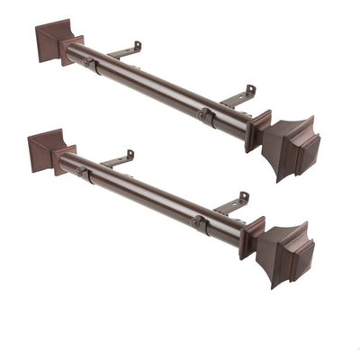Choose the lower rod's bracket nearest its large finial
tap(230, 204)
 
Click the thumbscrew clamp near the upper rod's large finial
tap(205, 115)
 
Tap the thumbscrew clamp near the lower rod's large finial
tap(198, 222)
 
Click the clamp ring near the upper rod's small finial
tap(90, 63)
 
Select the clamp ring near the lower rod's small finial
tap(83, 171)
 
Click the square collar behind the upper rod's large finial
tap(258, 130)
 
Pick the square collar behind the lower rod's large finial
tap(252, 237)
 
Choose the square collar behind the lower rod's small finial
tap(65, 159)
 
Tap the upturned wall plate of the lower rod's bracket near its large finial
tap(243, 197)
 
